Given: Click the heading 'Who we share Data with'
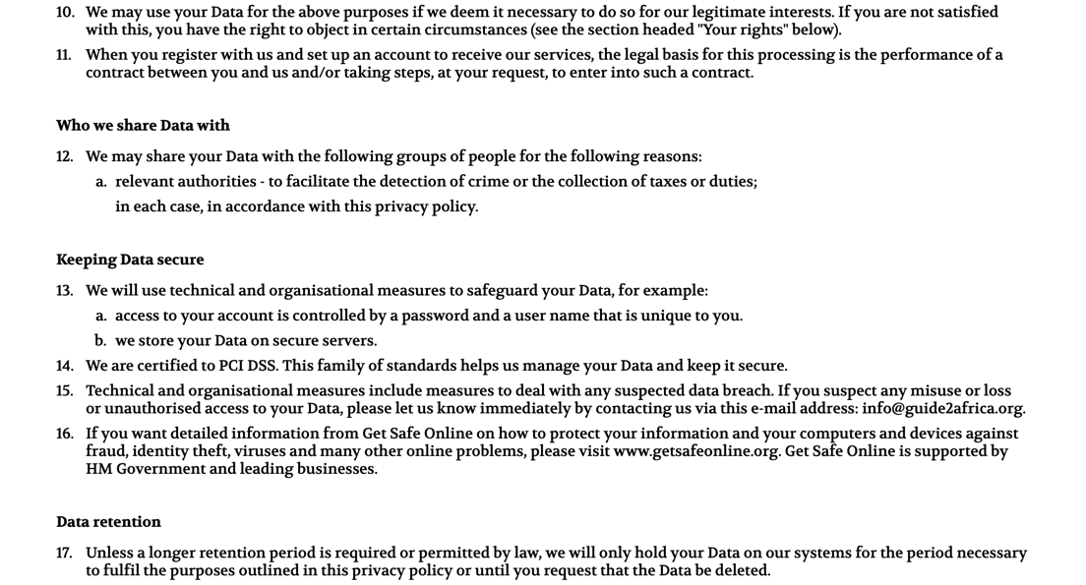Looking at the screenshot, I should coord(143,125).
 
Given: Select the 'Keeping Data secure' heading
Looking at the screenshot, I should coord(130,260).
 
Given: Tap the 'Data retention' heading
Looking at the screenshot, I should coord(108,521).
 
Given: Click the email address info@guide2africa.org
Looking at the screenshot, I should coord(942,408).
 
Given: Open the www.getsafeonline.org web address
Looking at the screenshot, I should coord(695,451).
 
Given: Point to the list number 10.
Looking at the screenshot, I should coord(65,12).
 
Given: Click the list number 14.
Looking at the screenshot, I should coord(65,366).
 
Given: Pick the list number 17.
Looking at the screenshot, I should coord(65,553).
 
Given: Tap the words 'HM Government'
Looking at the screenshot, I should coord(146,469).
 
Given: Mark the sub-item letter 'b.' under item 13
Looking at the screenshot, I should coord(100,340).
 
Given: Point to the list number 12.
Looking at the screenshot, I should coord(65,156).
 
